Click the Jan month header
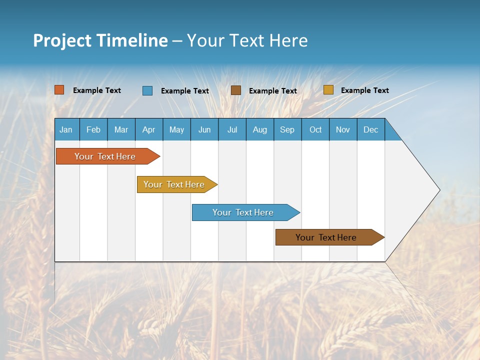point(66,129)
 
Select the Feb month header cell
point(93,129)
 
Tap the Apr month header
point(149,129)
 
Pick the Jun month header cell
point(204,129)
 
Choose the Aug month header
point(260,129)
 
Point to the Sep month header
point(287,129)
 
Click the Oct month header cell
point(315,129)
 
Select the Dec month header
point(371,129)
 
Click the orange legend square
point(59,90)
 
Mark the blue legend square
point(147,90)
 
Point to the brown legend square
point(236,90)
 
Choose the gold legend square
point(328,90)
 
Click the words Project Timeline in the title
point(100,40)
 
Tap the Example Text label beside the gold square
point(364,90)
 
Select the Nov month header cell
point(343,129)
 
